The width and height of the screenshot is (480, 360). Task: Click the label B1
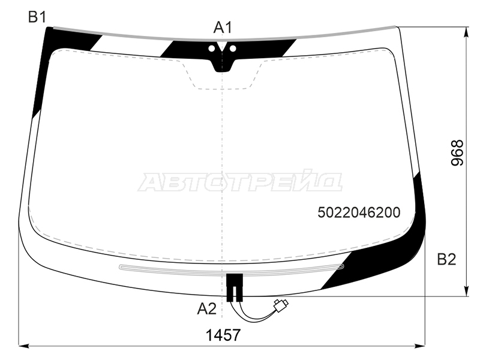tap(37, 17)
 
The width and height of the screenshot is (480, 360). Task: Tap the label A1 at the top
tap(223, 27)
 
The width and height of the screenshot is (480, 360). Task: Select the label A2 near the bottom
tap(206, 309)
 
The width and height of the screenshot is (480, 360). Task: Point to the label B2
tap(446, 259)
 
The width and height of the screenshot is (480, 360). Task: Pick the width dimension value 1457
tap(223, 335)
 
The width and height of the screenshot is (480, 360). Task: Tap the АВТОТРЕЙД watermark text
tap(240, 182)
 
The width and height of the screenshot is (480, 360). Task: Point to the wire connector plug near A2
tap(279, 306)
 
